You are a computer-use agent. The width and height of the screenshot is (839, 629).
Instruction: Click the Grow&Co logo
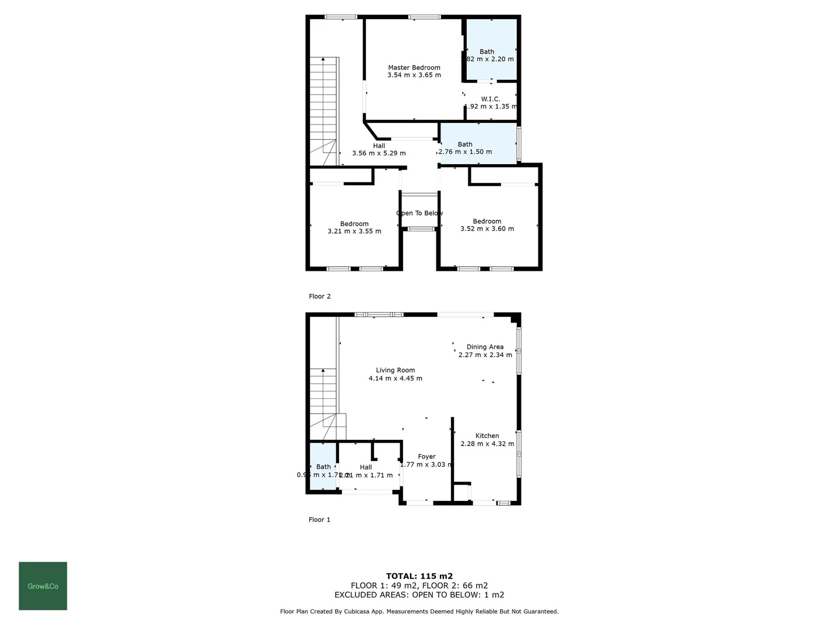(x=43, y=586)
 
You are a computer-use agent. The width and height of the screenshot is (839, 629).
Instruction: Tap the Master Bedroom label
(x=414, y=68)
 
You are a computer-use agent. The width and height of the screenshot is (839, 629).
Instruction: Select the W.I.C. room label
(x=491, y=99)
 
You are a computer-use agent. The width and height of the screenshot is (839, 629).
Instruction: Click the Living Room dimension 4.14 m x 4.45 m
(x=395, y=379)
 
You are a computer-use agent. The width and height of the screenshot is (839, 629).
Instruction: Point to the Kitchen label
(x=487, y=436)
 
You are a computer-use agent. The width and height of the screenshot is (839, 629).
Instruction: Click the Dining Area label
(x=485, y=347)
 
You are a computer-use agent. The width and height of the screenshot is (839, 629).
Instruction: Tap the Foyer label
(x=426, y=457)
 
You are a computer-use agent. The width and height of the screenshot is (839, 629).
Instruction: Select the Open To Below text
(x=419, y=213)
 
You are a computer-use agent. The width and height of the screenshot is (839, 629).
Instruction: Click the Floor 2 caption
(x=319, y=296)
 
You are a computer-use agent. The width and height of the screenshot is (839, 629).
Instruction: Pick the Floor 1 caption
(x=319, y=520)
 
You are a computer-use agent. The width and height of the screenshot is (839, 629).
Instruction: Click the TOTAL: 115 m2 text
(x=419, y=576)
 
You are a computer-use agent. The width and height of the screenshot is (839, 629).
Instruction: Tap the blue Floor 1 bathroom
(x=323, y=467)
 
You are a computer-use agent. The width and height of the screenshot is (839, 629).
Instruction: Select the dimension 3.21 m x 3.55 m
(x=354, y=231)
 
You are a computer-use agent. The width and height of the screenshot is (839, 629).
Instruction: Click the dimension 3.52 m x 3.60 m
(x=487, y=229)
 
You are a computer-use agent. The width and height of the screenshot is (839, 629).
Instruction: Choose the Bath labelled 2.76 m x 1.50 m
(x=465, y=144)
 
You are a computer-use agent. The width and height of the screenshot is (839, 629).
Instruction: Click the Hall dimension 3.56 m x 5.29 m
(x=379, y=153)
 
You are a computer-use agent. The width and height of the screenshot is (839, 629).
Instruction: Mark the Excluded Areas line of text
(x=419, y=595)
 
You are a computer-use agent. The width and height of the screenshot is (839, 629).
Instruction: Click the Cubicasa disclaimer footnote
(x=419, y=612)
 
